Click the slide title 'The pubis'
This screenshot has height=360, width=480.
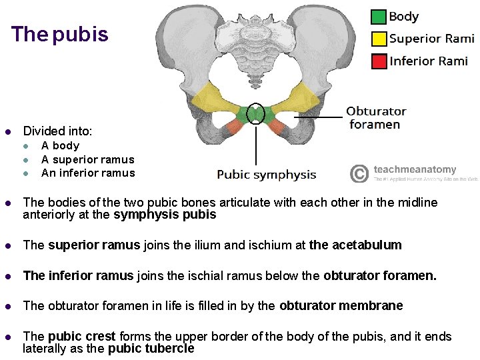(60, 35)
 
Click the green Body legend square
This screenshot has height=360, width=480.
(379, 17)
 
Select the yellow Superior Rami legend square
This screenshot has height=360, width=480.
(379, 39)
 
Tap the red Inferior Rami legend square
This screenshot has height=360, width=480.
(379, 61)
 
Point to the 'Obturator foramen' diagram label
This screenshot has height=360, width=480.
(376, 117)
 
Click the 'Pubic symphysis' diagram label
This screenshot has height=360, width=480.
(267, 175)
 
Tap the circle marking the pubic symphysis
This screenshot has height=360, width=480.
(256, 114)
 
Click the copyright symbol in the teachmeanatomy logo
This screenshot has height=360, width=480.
(359, 174)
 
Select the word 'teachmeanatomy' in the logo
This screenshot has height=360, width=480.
(415, 170)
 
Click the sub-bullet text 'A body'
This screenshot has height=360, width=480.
(60, 145)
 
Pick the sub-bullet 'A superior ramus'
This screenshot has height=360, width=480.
(87, 159)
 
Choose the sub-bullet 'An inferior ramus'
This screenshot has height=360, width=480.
(87, 173)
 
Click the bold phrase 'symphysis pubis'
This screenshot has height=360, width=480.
(165, 215)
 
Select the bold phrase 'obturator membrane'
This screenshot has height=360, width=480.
(341, 305)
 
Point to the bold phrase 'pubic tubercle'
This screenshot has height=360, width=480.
(151, 348)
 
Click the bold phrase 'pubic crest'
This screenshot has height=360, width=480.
(81, 337)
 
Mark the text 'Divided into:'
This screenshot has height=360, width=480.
(57, 131)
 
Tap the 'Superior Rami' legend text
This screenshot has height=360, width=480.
(432, 39)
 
